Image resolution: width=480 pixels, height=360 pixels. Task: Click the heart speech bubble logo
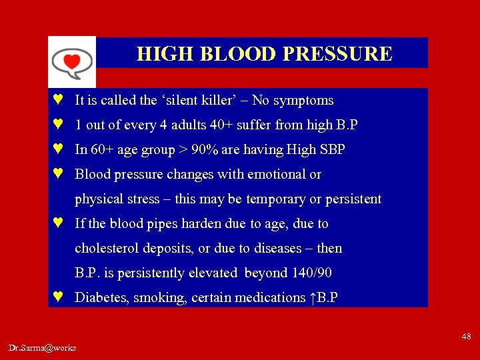tap(72, 62)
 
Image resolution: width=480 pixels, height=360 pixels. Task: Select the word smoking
tap(159, 298)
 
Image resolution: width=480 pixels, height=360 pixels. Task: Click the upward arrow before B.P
tap(313, 298)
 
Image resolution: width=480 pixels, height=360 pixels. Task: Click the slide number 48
tap(466, 337)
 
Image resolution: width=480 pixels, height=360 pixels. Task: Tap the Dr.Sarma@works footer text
tap(43, 348)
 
